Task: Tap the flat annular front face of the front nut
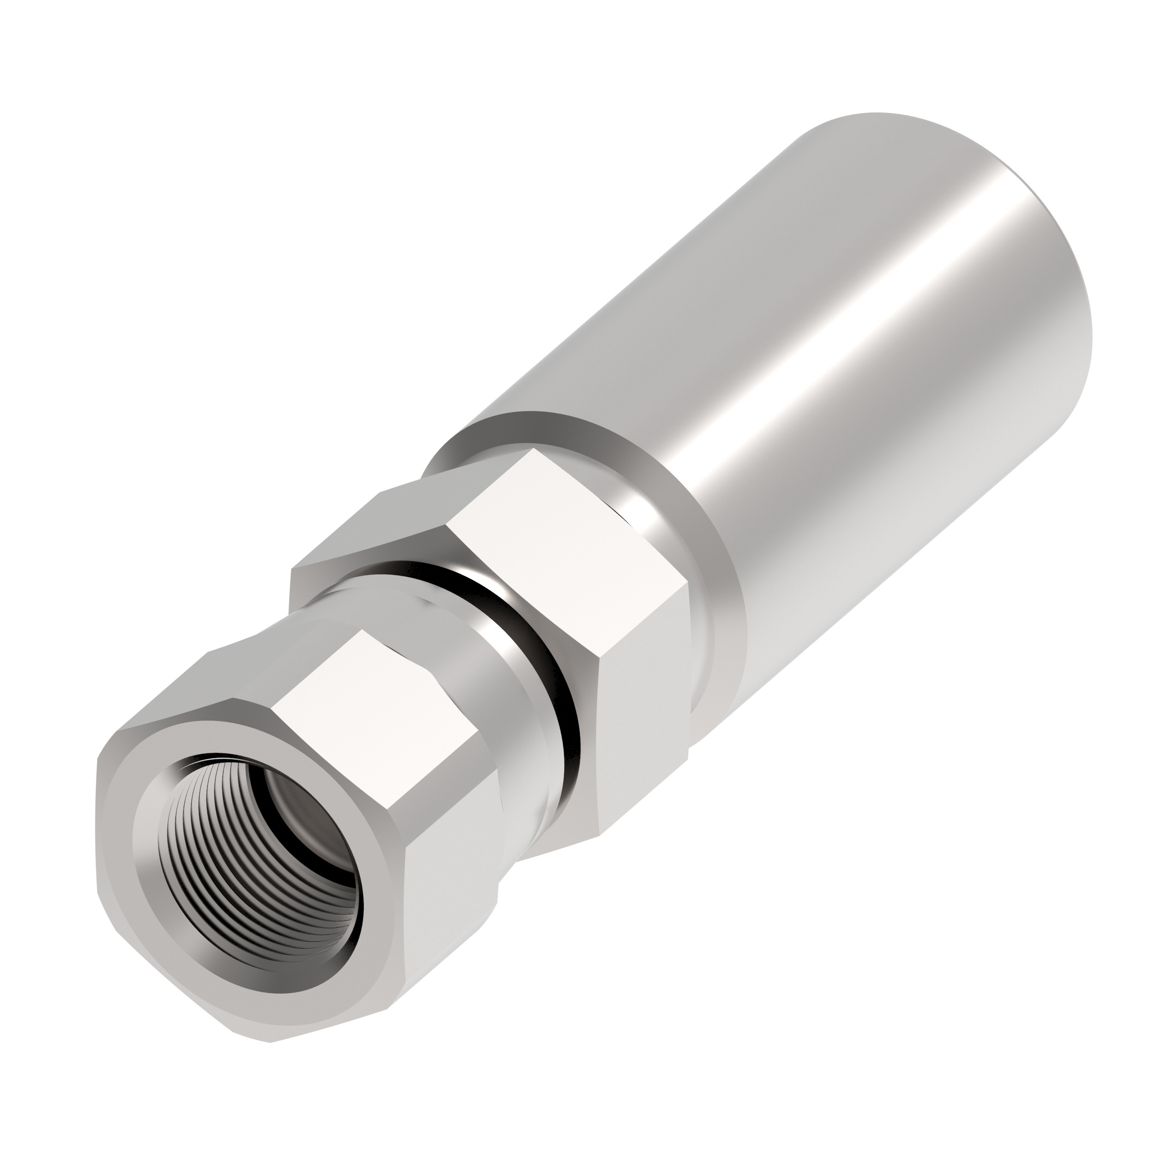[x=155, y=896]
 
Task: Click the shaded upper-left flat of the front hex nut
[x=197, y=687]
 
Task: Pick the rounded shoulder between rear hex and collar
[x=699, y=627]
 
